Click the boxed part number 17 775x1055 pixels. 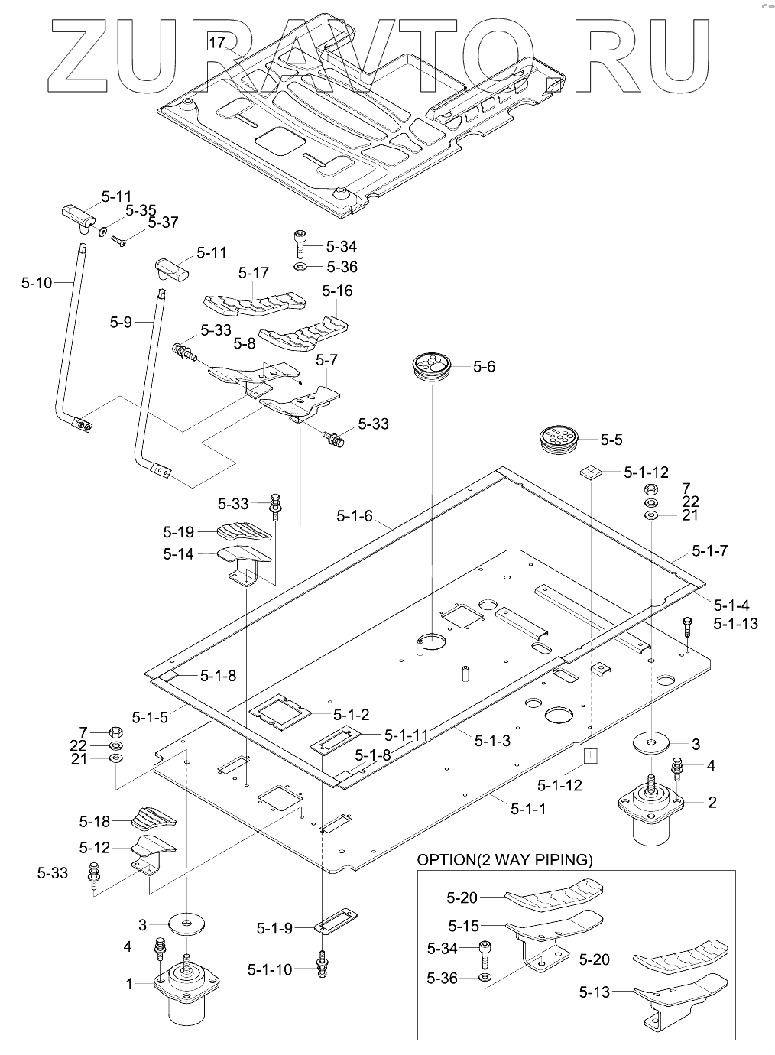click(217, 43)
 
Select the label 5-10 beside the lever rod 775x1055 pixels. click(37, 283)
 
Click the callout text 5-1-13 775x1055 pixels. click(735, 624)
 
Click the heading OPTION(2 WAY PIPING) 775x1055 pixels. click(504, 859)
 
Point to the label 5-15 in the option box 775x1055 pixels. click(463, 926)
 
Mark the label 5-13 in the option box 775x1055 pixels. click(594, 992)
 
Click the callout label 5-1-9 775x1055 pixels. click(274, 929)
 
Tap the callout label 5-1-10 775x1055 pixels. click(270, 969)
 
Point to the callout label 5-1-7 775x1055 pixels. click(709, 550)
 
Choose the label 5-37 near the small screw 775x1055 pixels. click(163, 222)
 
